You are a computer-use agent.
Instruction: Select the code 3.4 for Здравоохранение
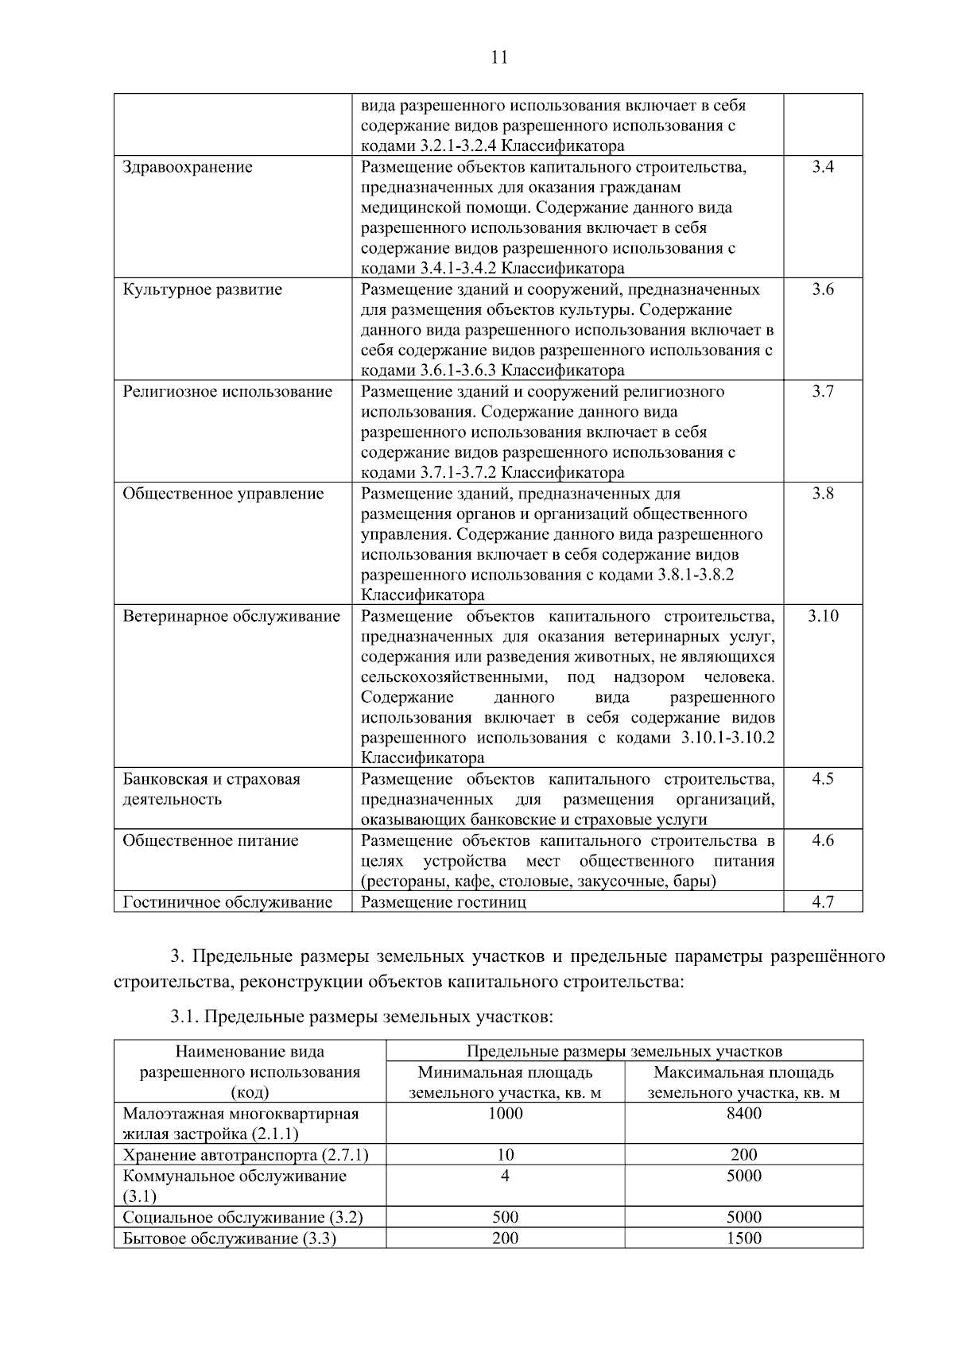coord(823,167)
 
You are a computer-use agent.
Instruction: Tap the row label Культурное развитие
coord(202,289)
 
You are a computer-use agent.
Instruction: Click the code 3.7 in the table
coord(823,392)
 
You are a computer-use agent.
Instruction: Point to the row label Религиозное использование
coord(227,392)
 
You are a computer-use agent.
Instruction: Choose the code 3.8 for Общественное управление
coord(823,494)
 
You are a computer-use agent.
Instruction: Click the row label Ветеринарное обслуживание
coord(231,616)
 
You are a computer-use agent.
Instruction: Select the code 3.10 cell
coord(823,616)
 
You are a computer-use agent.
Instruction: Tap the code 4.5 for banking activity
coord(823,779)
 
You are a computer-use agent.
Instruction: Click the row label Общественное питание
coord(211,840)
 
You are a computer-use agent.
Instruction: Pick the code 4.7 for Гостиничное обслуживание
coord(823,902)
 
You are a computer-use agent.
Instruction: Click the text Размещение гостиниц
coord(444,902)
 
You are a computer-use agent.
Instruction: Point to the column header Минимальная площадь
coord(505,1072)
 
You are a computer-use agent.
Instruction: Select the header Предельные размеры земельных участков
coord(624,1052)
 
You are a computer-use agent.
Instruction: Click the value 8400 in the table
coord(743,1114)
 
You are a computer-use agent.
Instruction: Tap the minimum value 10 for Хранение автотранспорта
coord(505,1155)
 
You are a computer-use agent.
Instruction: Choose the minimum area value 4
coord(505,1176)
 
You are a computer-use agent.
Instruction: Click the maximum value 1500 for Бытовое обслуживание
coord(743,1238)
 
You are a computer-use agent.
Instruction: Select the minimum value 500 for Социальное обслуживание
coord(505,1217)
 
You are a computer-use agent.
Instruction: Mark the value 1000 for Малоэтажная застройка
coord(505,1114)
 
